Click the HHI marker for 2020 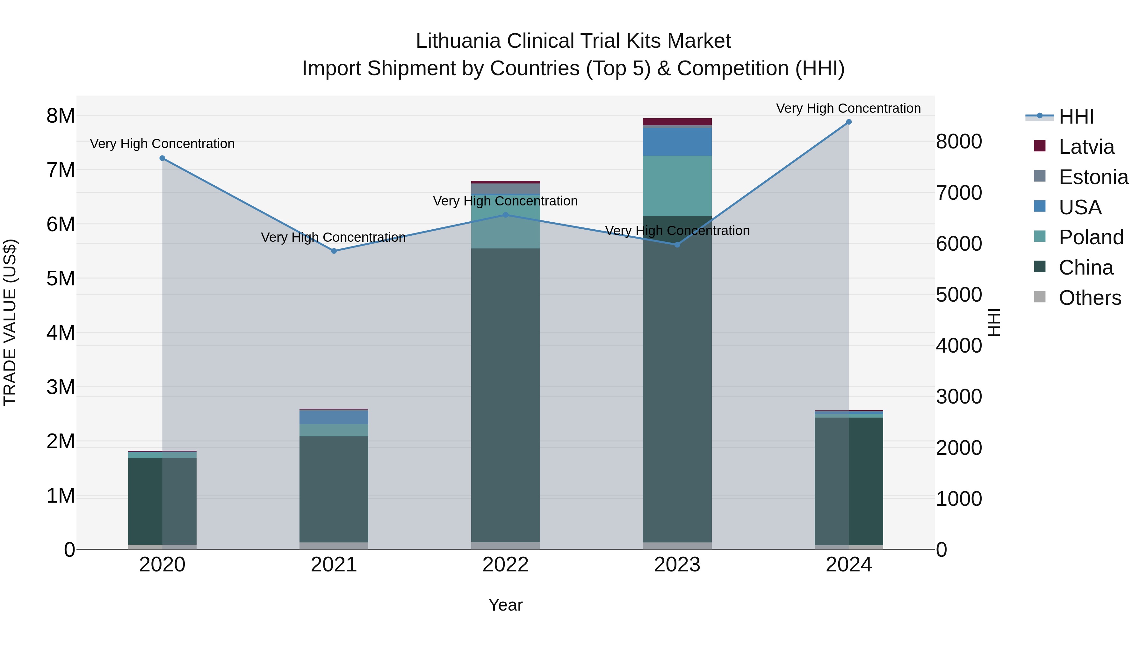click(x=162, y=158)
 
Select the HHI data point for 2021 click(x=334, y=251)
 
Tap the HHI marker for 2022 click(x=505, y=215)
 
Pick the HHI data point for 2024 click(x=849, y=122)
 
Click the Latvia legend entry click(x=1086, y=147)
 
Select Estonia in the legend click(x=1093, y=177)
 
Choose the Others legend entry click(x=1090, y=298)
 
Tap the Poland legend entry click(x=1091, y=237)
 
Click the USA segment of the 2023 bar click(x=677, y=141)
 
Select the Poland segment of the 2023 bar click(x=677, y=186)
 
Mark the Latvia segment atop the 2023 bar click(x=677, y=122)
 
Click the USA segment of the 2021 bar click(x=334, y=417)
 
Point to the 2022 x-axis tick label click(x=505, y=565)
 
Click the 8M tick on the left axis click(x=61, y=116)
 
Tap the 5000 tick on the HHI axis click(x=959, y=295)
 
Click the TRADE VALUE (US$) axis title click(x=10, y=322)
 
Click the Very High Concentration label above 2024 click(x=848, y=108)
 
